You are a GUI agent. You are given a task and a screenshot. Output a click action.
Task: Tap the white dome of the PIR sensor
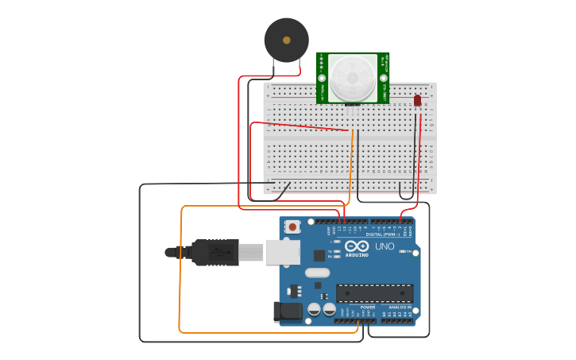pyautogui.click(x=353, y=78)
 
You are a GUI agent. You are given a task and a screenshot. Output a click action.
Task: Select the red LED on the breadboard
pyautogui.click(x=417, y=101)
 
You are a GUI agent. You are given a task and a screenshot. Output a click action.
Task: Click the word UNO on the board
pyautogui.click(x=385, y=247)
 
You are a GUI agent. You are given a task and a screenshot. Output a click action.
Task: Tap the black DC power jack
pyautogui.click(x=287, y=312)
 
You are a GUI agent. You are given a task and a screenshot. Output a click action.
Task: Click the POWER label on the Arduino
pyautogui.click(x=367, y=307)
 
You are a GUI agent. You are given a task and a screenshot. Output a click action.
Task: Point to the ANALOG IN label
pyautogui.click(x=400, y=307)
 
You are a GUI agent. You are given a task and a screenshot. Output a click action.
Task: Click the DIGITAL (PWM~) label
pyautogui.click(x=383, y=234)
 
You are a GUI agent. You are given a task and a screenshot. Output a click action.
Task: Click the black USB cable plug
pyautogui.click(x=215, y=252)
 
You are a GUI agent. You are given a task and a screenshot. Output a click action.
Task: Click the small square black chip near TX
pyautogui.click(x=319, y=255)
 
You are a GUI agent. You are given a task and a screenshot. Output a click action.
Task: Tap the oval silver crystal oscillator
pyautogui.click(x=316, y=273)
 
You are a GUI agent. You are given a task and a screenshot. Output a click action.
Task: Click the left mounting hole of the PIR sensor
pyautogui.click(x=323, y=78)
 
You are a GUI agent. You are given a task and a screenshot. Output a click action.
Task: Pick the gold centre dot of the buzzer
pyautogui.click(x=286, y=39)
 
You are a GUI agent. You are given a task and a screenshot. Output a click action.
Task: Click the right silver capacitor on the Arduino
pyautogui.click(x=329, y=308)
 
